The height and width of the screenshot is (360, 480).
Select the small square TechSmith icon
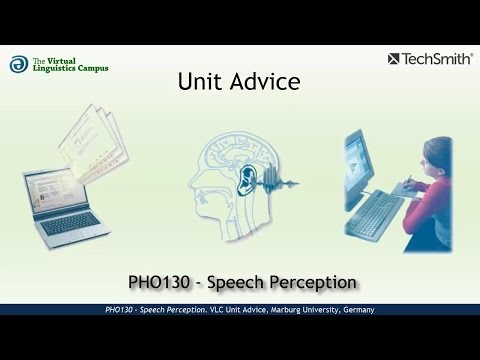click(393, 59)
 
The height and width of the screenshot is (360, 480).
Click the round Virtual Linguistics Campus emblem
click(19, 64)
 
